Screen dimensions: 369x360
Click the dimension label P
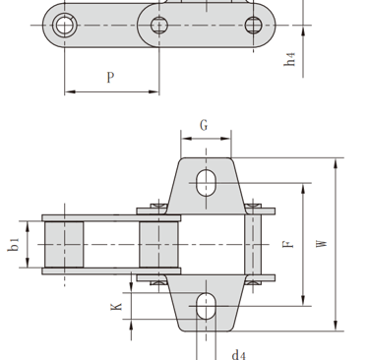(x=111, y=78)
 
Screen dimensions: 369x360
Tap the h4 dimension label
(x=289, y=59)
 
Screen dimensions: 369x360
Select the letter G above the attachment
(x=204, y=125)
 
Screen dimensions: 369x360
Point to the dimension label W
(x=322, y=244)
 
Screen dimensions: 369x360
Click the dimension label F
(x=288, y=244)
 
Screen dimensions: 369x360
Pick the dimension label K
(x=116, y=307)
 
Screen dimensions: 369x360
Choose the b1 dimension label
(x=14, y=245)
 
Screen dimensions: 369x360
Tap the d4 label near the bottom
(x=238, y=355)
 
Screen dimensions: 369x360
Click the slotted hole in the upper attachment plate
(x=206, y=183)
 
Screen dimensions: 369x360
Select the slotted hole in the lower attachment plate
(x=206, y=306)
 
